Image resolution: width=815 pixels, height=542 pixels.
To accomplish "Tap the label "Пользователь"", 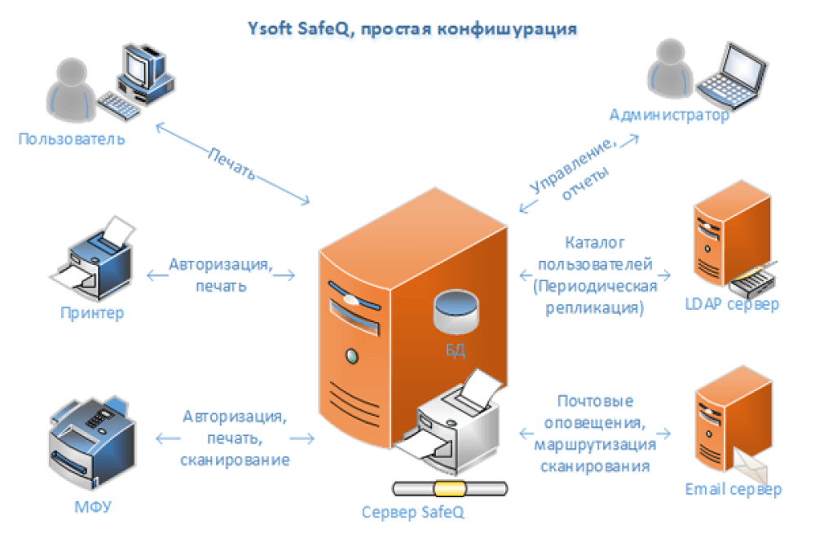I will click(x=72, y=138).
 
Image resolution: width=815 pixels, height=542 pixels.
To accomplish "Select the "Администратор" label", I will click(x=670, y=115).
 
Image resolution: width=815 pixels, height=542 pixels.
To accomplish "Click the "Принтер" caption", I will click(x=92, y=312).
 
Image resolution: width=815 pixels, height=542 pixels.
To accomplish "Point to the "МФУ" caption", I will click(x=92, y=508).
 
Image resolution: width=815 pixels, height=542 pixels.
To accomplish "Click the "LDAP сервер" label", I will click(x=732, y=304).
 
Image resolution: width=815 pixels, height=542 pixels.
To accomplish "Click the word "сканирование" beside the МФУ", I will click(x=235, y=460).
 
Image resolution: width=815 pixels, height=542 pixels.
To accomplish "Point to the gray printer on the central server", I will click(x=456, y=424).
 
